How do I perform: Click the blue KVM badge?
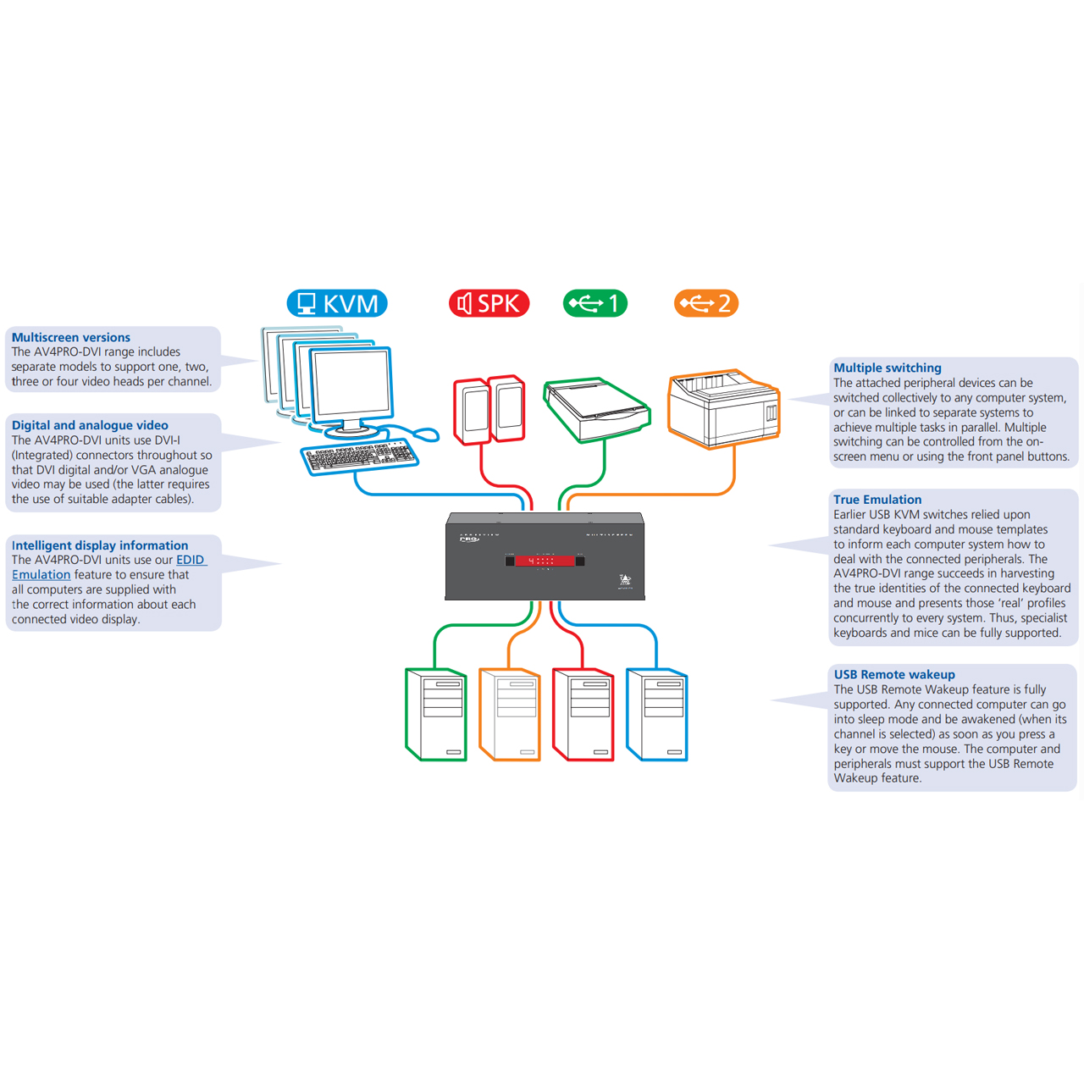337,303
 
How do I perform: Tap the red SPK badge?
489,303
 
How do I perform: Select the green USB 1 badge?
595,303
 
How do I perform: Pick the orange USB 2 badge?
705,303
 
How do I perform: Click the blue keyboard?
360,456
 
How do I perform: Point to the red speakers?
489,410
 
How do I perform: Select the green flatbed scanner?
597,409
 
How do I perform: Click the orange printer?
723,407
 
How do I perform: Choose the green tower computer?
436,715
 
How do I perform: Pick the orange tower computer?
510,715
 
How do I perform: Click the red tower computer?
583,715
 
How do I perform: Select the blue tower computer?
656,715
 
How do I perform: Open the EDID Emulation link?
191,560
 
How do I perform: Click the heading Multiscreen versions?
71,337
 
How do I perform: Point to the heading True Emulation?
877,500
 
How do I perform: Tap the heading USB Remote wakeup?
894,674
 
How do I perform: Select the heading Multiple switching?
888,368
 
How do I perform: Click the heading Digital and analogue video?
90,425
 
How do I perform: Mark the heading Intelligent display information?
100,545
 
